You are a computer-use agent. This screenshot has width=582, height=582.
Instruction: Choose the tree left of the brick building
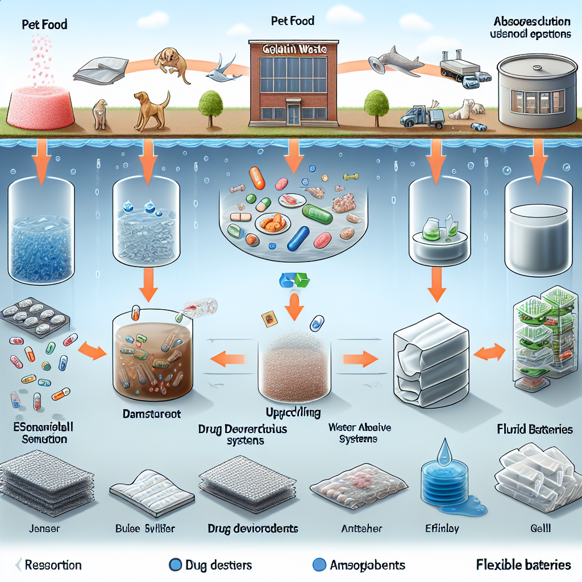pyautogui.click(x=211, y=105)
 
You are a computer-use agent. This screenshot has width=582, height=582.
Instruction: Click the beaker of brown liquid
pyautogui.click(x=153, y=352)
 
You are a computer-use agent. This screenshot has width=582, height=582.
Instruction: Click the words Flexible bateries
pyautogui.click(x=523, y=564)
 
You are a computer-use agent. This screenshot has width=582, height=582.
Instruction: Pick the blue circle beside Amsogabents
pyautogui.click(x=320, y=564)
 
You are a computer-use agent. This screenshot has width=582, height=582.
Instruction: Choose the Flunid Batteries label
pyautogui.click(x=534, y=429)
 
